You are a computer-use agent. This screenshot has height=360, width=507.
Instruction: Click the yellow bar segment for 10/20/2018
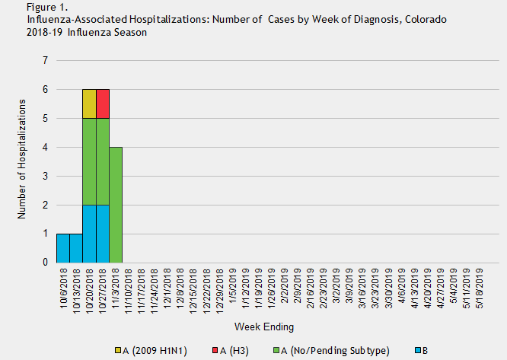point(89,104)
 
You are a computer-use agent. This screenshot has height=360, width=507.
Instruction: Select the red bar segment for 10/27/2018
point(103,104)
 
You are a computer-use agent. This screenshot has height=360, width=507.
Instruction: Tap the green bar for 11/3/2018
point(116,205)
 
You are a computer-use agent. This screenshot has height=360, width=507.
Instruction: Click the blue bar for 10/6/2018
point(62,248)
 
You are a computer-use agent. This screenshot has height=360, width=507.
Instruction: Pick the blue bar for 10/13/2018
point(76,248)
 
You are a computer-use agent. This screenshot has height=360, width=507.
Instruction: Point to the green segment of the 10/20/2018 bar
point(89,161)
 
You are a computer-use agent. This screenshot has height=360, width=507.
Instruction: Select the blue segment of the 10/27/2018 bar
point(103,234)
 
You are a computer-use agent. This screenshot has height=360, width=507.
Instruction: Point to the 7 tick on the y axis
point(46,61)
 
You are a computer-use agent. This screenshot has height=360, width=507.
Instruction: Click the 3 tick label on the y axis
point(46,176)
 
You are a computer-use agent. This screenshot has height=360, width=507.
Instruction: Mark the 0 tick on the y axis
point(46,263)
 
